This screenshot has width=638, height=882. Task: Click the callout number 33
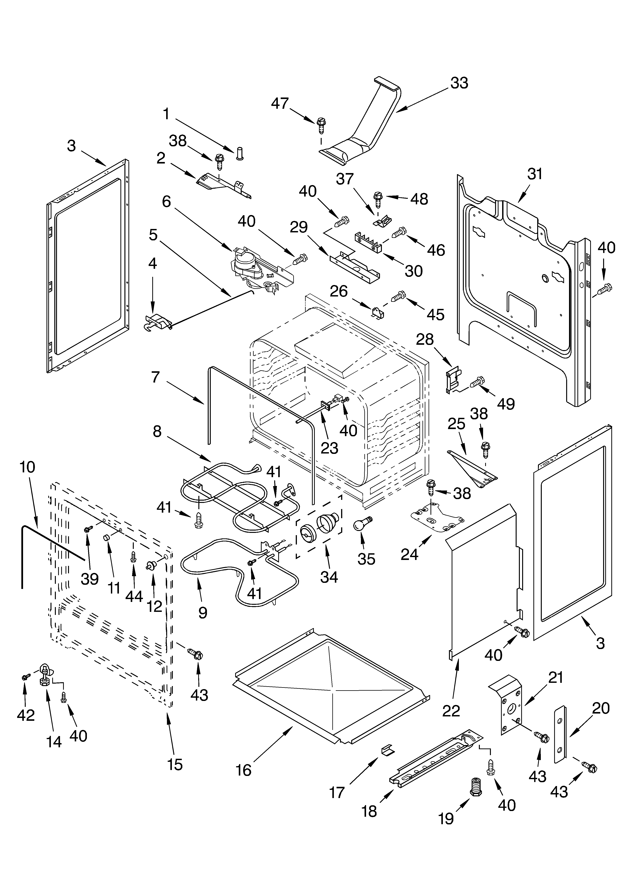pos(459,83)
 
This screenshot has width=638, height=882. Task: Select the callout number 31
pos(535,174)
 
